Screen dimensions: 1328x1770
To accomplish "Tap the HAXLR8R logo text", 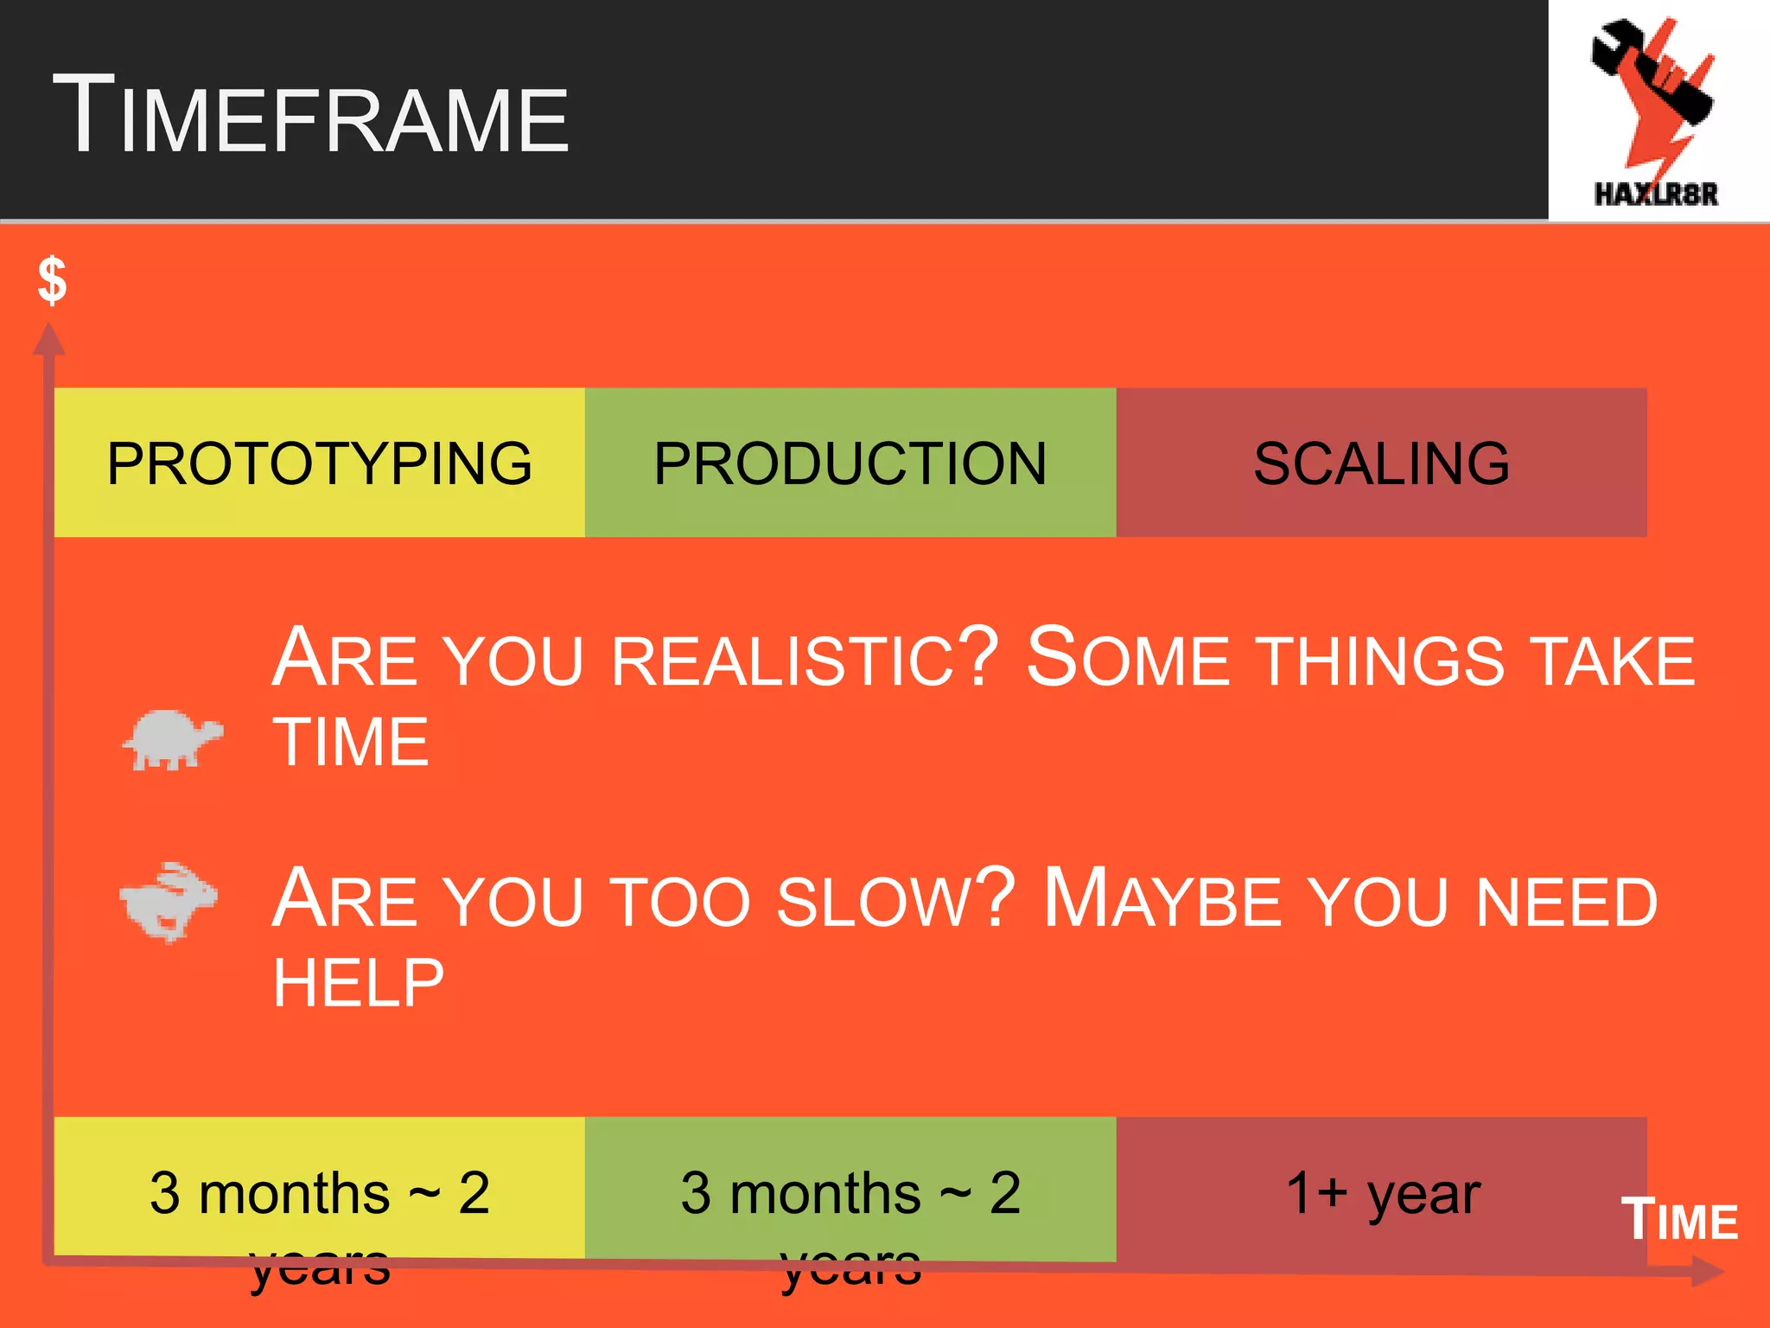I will pyautogui.click(x=1656, y=194).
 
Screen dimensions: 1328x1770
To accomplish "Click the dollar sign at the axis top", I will pyautogui.click(x=52, y=280).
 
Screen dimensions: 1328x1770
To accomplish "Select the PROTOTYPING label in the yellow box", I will pyautogui.click(x=319, y=463).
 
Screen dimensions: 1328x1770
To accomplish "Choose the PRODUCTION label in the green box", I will pyautogui.click(x=850, y=463).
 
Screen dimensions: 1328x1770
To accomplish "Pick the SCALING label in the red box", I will pyautogui.click(x=1381, y=463).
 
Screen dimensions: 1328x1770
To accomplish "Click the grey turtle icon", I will pyautogui.click(x=172, y=739).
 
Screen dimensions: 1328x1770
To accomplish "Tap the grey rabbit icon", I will pyautogui.click(x=169, y=901).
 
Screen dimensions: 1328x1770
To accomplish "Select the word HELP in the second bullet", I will pyautogui.click(x=358, y=983).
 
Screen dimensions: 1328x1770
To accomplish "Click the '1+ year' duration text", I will pyautogui.click(x=1383, y=1193).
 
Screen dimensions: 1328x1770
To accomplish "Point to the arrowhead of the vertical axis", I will pyautogui.click(x=49, y=339).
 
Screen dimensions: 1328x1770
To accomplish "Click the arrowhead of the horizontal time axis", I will pyautogui.click(x=1707, y=1272).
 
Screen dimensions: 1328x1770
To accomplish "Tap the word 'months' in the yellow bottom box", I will pyautogui.click(x=294, y=1193).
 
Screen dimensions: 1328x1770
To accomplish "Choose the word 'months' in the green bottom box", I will pyautogui.click(x=825, y=1193).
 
